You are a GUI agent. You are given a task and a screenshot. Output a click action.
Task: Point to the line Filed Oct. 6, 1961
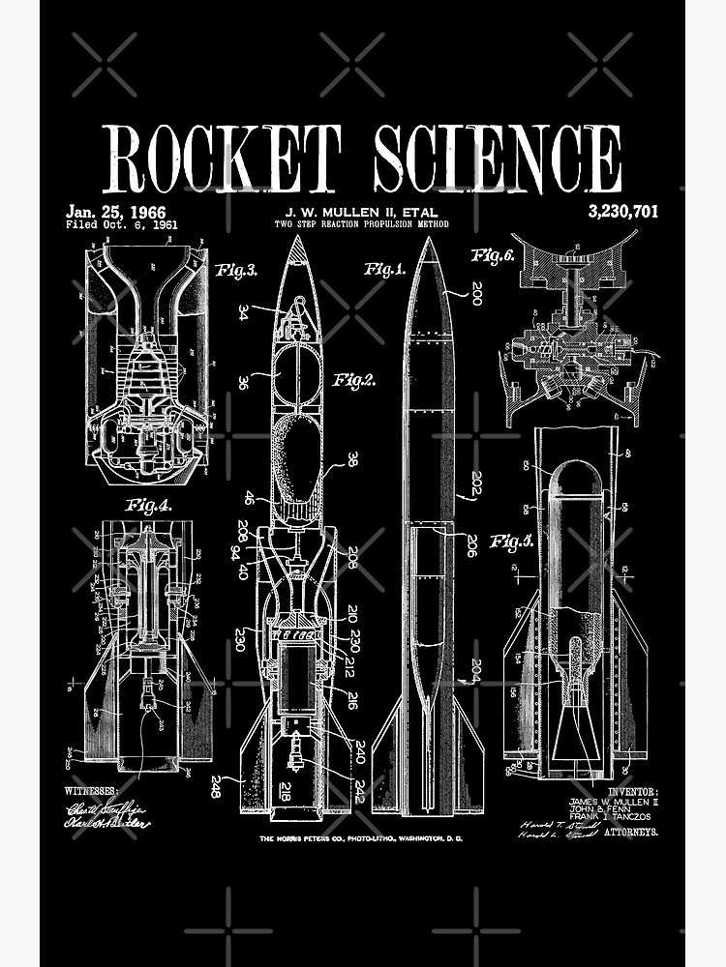click(x=121, y=224)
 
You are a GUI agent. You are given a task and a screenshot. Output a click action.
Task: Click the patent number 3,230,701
click(x=621, y=211)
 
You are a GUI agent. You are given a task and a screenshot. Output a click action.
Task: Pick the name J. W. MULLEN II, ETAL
click(x=361, y=212)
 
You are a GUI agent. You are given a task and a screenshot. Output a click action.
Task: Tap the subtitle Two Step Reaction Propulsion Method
click(x=361, y=225)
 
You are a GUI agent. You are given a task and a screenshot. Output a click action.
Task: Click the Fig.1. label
click(x=384, y=269)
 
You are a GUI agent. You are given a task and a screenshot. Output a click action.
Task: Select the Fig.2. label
click(x=353, y=380)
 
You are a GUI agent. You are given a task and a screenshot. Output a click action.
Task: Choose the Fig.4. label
click(x=148, y=504)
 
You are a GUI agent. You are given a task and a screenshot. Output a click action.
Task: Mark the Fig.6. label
click(x=493, y=256)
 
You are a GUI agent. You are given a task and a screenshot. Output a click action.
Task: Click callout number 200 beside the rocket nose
click(x=476, y=293)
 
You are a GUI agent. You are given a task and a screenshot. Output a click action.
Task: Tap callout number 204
click(x=475, y=671)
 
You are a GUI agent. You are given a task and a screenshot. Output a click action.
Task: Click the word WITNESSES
click(x=96, y=790)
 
